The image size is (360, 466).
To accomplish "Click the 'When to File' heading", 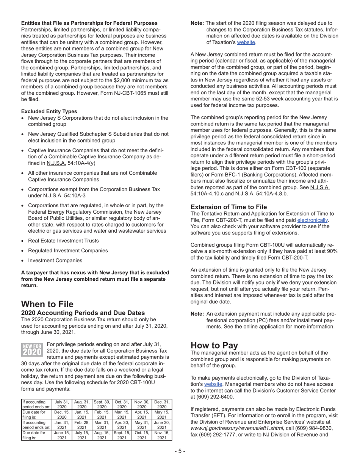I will pyautogui.click(x=47, y=304).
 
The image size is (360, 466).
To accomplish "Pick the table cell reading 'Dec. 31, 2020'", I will pyautogui.click(x=161, y=404).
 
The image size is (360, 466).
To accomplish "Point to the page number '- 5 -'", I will pyautogui.click(x=180, y=452).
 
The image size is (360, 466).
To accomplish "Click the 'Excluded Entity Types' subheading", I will pyautogui.click(x=49, y=111).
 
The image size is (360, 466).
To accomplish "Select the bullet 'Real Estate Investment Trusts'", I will pyautogui.click(x=63, y=241).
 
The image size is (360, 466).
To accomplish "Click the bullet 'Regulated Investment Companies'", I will pyautogui.click(x=68, y=250).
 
